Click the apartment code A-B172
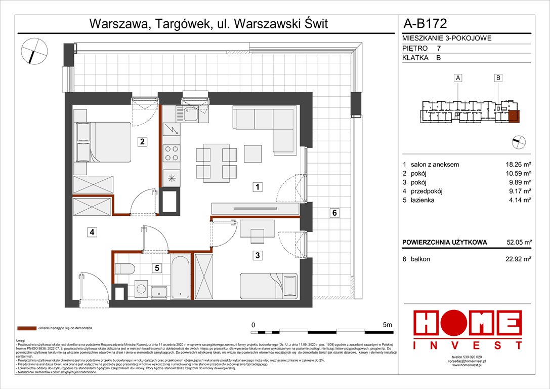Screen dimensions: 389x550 pos(425,23)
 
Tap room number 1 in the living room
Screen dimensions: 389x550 pos(258,187)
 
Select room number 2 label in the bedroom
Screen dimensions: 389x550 pos(143,142)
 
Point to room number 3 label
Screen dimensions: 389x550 pos(258,256)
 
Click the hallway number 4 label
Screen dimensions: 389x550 pos(92,232)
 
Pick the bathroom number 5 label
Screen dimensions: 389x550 pos(157,268)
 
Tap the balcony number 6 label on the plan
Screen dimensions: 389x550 pos(334,213)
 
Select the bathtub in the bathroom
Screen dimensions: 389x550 pos(180,278)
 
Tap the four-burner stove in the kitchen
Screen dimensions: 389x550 pos(171,152)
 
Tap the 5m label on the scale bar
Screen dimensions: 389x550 pos(388,325)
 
